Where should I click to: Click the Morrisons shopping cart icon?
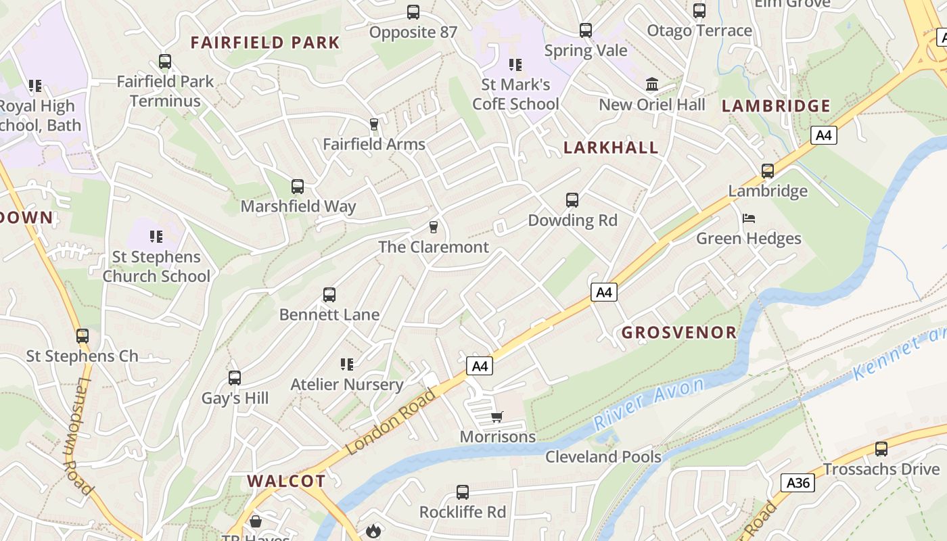(497, 417)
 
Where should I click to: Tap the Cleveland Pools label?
(603, 456)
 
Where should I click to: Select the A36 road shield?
(798, 483)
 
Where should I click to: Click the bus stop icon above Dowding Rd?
(572, 200)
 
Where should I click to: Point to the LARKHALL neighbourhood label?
(611, 147)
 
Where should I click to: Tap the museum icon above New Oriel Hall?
(652, 85)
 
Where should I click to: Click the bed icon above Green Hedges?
(748, 218)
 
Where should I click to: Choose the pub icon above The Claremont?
(434, 227)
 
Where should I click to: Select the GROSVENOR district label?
(678, 332)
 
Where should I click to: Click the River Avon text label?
(649, 404)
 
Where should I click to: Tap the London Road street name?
(392, 421)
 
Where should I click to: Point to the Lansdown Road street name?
(78, 436)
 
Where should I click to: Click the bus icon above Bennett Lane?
(329, 295)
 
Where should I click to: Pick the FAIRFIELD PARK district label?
(265, 43)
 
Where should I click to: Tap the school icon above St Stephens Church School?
(156, 237)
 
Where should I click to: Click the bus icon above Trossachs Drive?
(881, 449)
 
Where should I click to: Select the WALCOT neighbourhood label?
(286, 481)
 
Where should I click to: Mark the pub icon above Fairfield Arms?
(373, 124)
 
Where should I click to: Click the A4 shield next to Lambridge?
(823, 135)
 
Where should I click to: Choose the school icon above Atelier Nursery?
(347, 364)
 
